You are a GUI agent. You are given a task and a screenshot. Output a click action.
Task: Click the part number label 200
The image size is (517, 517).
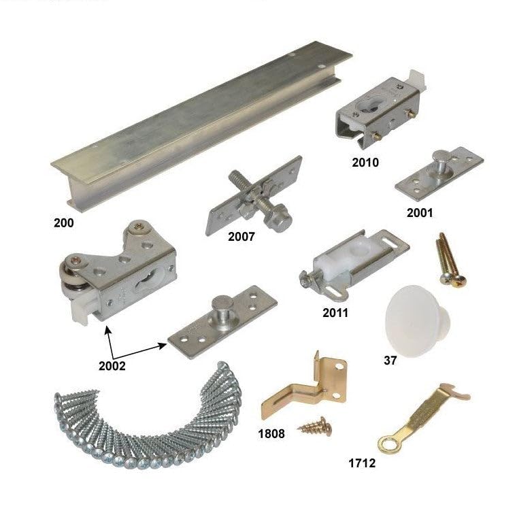(64, 222)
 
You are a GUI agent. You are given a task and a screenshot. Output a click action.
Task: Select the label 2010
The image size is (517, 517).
(365, 163)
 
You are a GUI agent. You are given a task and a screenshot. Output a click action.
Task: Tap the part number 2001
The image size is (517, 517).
(420, 212)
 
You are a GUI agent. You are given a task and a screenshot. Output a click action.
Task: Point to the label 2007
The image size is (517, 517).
(241, 237)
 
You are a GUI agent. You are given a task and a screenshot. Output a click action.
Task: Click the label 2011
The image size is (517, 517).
(335, 313)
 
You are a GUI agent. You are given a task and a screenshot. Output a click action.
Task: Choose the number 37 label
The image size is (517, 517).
(390, 360)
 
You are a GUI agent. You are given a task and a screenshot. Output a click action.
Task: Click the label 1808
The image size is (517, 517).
(272, 433)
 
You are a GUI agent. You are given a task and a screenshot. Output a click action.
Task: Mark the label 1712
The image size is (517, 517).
(362, 464)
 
